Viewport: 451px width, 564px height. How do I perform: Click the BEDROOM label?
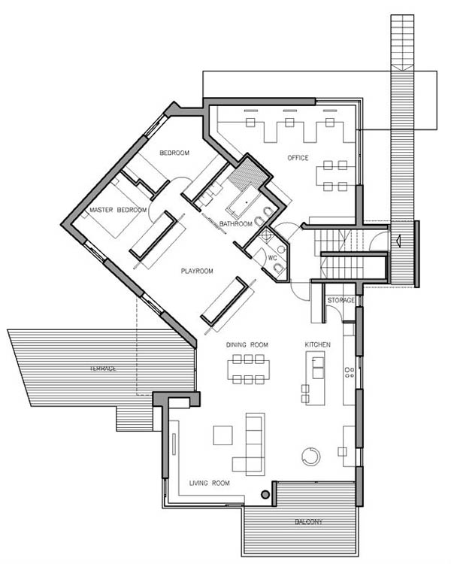(x=174, y=153)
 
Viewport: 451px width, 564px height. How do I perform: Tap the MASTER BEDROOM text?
(x=118, y=210)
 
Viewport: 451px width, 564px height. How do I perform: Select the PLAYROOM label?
(x=197, y=271)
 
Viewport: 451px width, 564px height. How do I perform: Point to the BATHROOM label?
(x=235, y=224)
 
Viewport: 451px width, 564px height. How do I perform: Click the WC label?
(x=272, y=258)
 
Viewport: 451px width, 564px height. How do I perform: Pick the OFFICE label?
(x=298, y=158)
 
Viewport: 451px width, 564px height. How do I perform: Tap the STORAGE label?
(x=341, y=300)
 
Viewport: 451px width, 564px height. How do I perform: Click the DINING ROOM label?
(x=247, y=344)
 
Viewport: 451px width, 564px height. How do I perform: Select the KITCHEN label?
(x=317, y=344)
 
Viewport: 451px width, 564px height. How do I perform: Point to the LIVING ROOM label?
(x=209, y=483)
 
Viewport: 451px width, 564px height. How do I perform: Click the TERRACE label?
(x=103, y=368)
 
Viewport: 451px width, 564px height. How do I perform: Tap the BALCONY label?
(x=309, y=522)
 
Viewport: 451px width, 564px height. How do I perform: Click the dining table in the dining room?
(x=248, y=369)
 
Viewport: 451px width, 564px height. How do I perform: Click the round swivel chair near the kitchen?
(x=310, y=456)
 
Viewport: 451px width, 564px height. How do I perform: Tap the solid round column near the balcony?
(x=265, y=495)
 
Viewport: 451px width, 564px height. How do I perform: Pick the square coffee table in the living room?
(x=223, y=435)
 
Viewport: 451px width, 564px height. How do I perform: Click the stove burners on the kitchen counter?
(x=350, y=372)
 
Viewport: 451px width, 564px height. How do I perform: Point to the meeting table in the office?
(x=335, y=176)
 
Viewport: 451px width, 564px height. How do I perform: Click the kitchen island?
(x=315, y=378)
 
